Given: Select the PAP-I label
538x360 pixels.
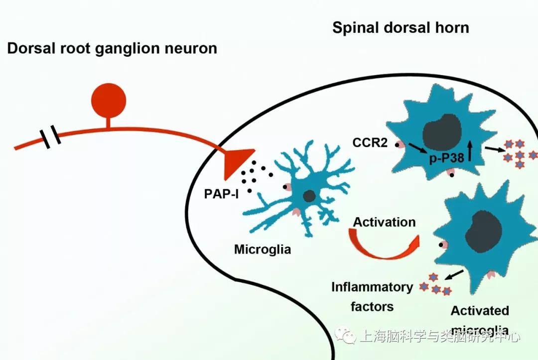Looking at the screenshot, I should [221, 193].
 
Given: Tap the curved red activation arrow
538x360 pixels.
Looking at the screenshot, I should [384, 246].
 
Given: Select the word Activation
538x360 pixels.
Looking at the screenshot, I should [384, 222].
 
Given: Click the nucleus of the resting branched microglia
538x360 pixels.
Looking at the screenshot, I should [309, 196].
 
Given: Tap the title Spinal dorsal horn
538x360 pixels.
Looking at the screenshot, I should [401, 27].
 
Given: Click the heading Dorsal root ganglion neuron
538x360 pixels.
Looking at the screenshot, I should [112, 48].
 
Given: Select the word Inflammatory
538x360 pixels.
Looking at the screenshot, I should [372, 287].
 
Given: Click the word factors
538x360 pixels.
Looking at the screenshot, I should [372, 306].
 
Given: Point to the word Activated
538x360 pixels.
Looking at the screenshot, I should [480, 311].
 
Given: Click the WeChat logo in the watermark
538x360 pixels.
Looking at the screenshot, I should [345, 337].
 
